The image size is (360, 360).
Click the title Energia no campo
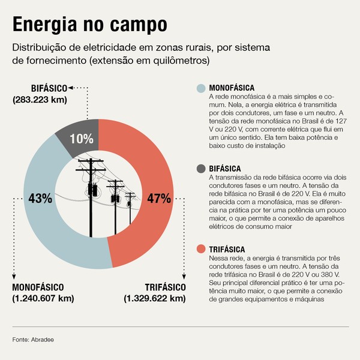coord(89,25)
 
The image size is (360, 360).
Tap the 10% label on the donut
coord(82,139)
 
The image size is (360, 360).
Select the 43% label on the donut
coord(38,198)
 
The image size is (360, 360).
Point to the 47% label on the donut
coord(159,198)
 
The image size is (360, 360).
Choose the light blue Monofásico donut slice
coord(45,228)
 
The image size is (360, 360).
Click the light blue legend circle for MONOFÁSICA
coord(202,89)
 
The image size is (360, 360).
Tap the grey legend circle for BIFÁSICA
coord(202,169)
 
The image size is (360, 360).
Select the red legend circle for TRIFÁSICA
coord(202,249)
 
